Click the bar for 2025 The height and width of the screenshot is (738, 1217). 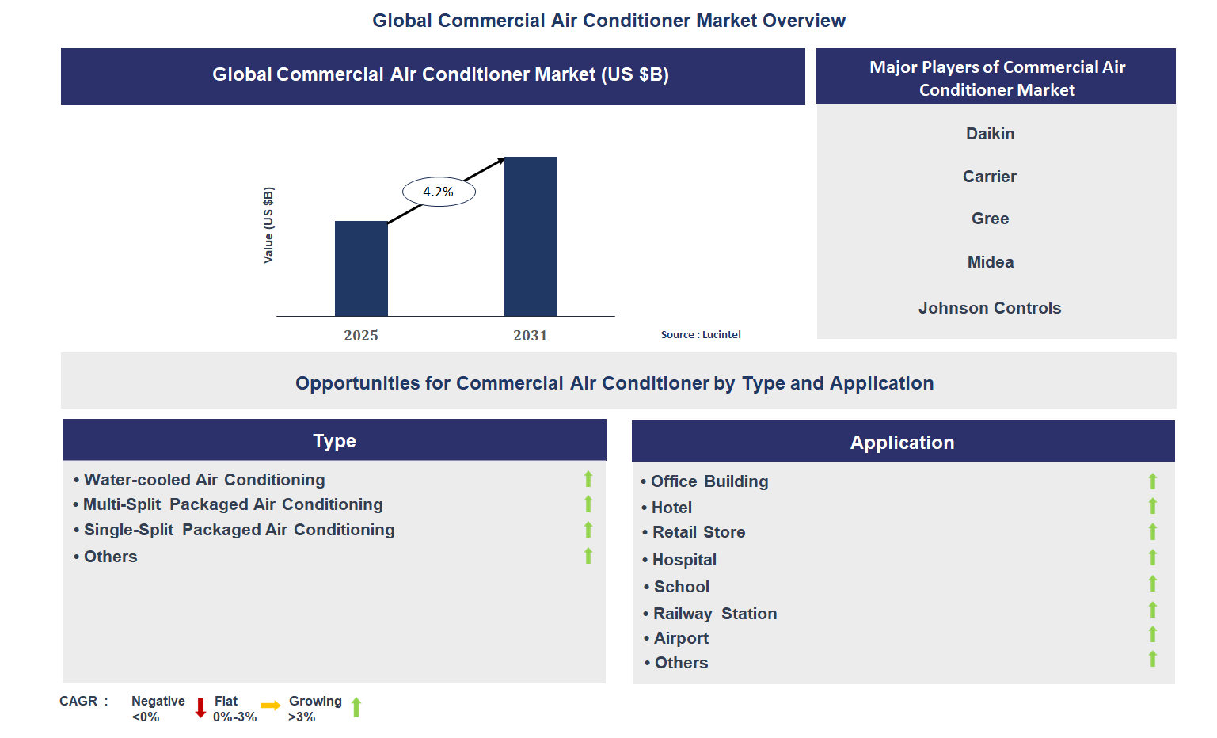361,269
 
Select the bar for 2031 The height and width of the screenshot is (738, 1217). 531,237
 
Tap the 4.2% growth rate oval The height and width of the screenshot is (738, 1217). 439,192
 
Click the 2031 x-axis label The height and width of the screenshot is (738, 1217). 530,336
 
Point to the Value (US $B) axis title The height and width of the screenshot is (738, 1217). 268,226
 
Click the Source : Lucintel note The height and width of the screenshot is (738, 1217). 701,335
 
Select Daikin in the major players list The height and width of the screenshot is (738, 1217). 990,134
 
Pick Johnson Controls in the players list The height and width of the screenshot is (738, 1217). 989,308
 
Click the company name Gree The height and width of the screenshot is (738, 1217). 990,219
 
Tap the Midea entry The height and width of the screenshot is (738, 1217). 990,262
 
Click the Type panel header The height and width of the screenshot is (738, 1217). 334,441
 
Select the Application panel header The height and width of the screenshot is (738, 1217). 903,443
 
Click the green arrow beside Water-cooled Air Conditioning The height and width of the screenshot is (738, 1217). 588,479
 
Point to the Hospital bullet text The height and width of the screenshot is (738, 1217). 684,560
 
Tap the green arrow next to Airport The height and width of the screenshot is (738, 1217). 1153,634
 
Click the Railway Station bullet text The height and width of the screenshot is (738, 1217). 714,614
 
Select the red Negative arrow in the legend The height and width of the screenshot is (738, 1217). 200,707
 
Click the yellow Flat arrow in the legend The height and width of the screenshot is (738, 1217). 270,706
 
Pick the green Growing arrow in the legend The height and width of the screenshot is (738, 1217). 356,707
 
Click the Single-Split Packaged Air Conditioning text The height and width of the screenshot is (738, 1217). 238,530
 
